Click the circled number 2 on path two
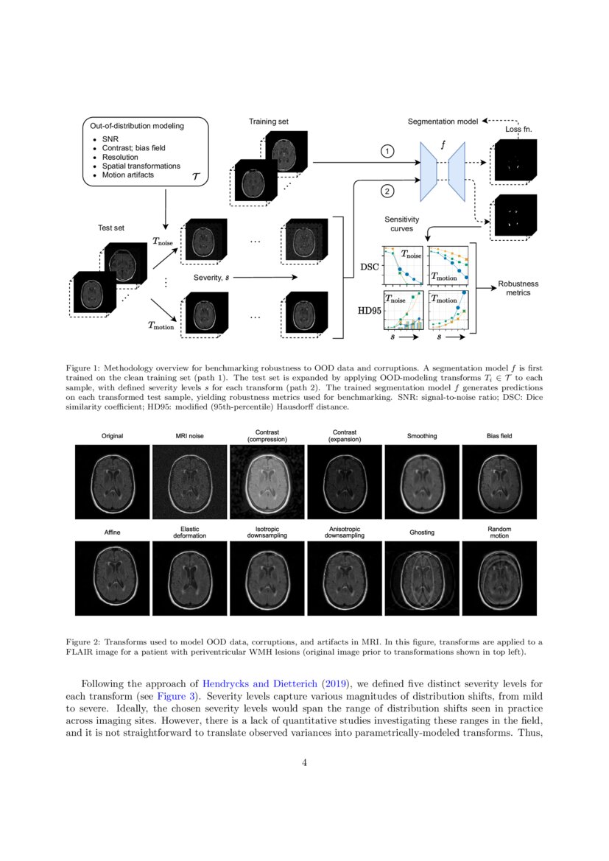pyautogui.click(x=387, y=191)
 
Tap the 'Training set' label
pyautogui.click(x=269, y=121)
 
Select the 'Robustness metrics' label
pyautogui.click(x=518, y=287)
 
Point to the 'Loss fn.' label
pyautogui.click(x=518, y=129)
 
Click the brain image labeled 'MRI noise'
pyautogui.click(x=189, y=482)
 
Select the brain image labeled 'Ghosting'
pyautogui.click(x=421, y=580)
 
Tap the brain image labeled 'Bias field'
pyautogui.click(x=500, y=482)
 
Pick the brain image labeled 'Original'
pyautogui.click(x=112, y=482)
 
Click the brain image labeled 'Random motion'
pyautogui.click(x=500, y=580)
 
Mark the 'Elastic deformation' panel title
pyautogui.click(x=189, y=532)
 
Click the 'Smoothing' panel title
pyautogui.click(x=421, y=436)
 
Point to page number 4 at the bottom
pyautogui.click(x=304, y=762)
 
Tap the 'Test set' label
pyautogui.click(x=111, y=228)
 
